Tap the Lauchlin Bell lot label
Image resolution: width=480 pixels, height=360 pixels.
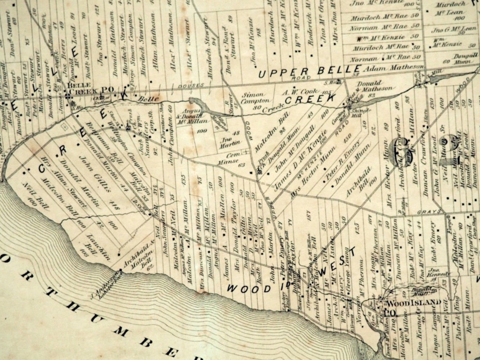93,244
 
